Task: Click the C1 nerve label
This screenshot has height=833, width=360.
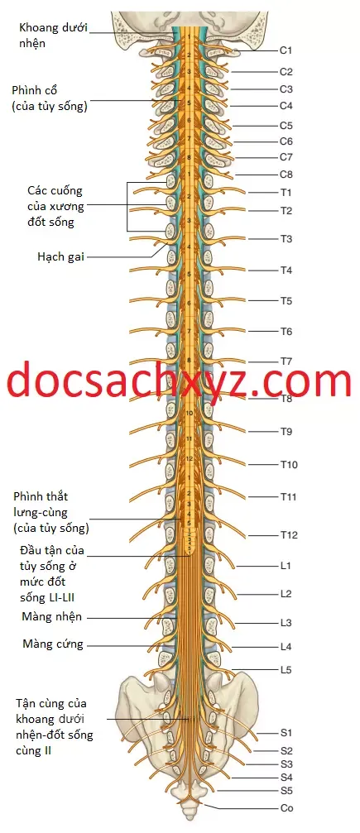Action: [286, 50]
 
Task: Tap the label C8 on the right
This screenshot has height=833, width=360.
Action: [286, 175]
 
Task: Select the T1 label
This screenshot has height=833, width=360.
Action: [286, 192]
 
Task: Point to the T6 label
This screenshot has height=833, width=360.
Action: [286, 332]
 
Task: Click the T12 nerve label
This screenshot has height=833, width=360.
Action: [289, 535]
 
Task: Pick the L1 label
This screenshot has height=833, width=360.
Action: [286, 567]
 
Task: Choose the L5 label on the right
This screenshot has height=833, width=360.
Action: [286, 670]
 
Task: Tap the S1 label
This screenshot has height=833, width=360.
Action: [286, 733]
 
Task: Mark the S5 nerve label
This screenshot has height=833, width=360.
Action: [286, 790]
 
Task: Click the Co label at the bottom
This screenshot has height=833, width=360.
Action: [286, 808]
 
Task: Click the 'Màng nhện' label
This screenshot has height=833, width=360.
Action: [52, 617]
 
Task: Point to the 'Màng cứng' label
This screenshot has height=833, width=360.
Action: [53, 644]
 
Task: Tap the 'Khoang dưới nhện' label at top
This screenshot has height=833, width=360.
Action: [53, 35]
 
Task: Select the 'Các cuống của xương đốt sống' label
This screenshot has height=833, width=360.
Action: [55, 206]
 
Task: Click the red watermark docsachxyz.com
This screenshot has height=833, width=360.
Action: [180, 380]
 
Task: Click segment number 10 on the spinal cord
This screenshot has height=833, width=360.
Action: [189, 413]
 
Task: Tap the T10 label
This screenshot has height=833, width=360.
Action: [289, 466]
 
